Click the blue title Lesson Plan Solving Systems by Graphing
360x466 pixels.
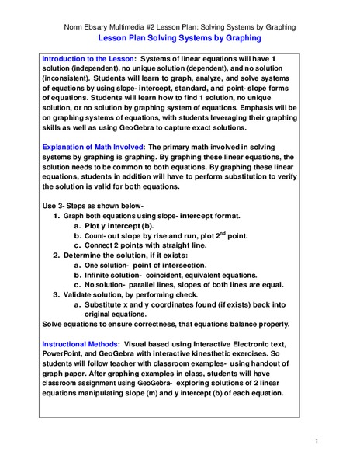point(179,36)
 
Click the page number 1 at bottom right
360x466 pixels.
point(317,442)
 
